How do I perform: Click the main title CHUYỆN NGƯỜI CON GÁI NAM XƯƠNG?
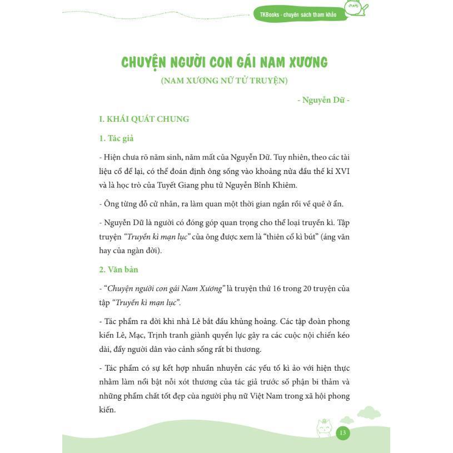pyautogui.click(x=224, y=62)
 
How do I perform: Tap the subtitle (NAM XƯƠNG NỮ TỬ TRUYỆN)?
pyautogui.click(x=224, y=81)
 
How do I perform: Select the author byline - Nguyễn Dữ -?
pyautogui.click(x=323, y=100)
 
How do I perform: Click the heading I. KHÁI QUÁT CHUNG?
pyautogui.click(x=144, y=119)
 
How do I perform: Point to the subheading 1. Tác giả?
pyautogui.click(x=116, y=138)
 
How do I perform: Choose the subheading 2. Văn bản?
pyautogui.click(x=118, y=270)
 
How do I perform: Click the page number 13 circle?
pyautogui.click(x=342, y=433)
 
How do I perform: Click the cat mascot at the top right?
pyautogui.click(x=354, y=8)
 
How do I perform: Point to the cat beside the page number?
pyautogui.click(x=323, y=429)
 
